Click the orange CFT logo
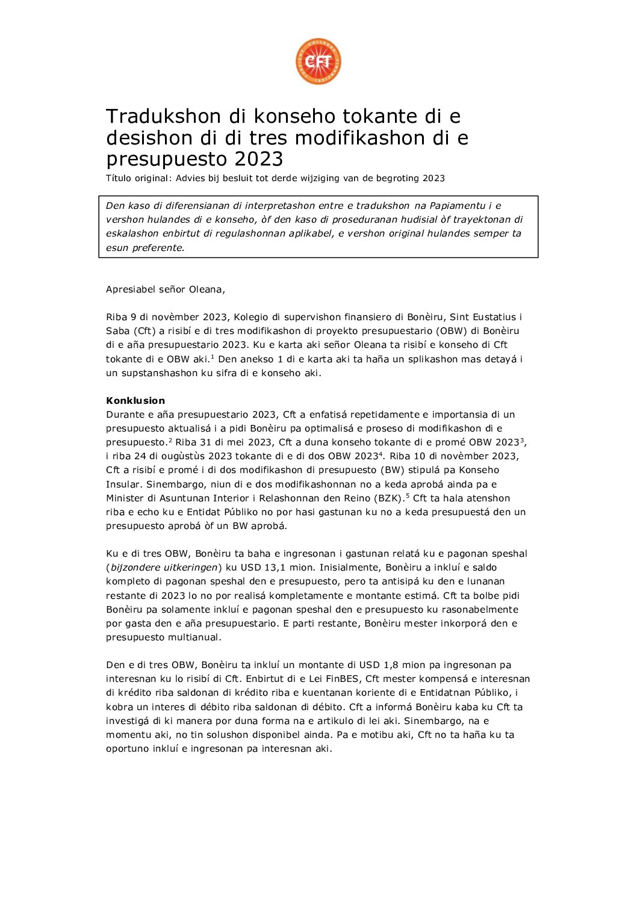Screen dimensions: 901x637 coord(318,61)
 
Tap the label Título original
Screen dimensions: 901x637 coord(137,178)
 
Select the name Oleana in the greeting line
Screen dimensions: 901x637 coord(206,289)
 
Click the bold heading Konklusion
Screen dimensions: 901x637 coord(135,400)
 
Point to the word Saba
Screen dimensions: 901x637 coord(118,331)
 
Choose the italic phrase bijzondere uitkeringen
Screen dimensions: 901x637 coord(164,568)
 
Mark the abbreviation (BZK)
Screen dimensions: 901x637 coord(389,498)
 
